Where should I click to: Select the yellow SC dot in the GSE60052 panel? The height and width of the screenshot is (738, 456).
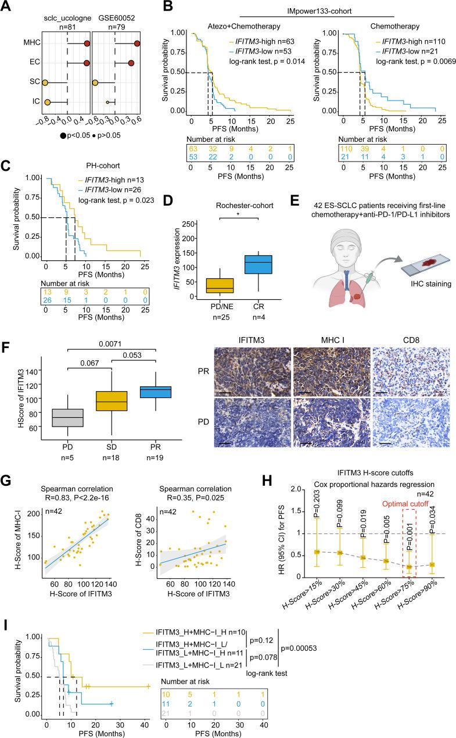point(95,83)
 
